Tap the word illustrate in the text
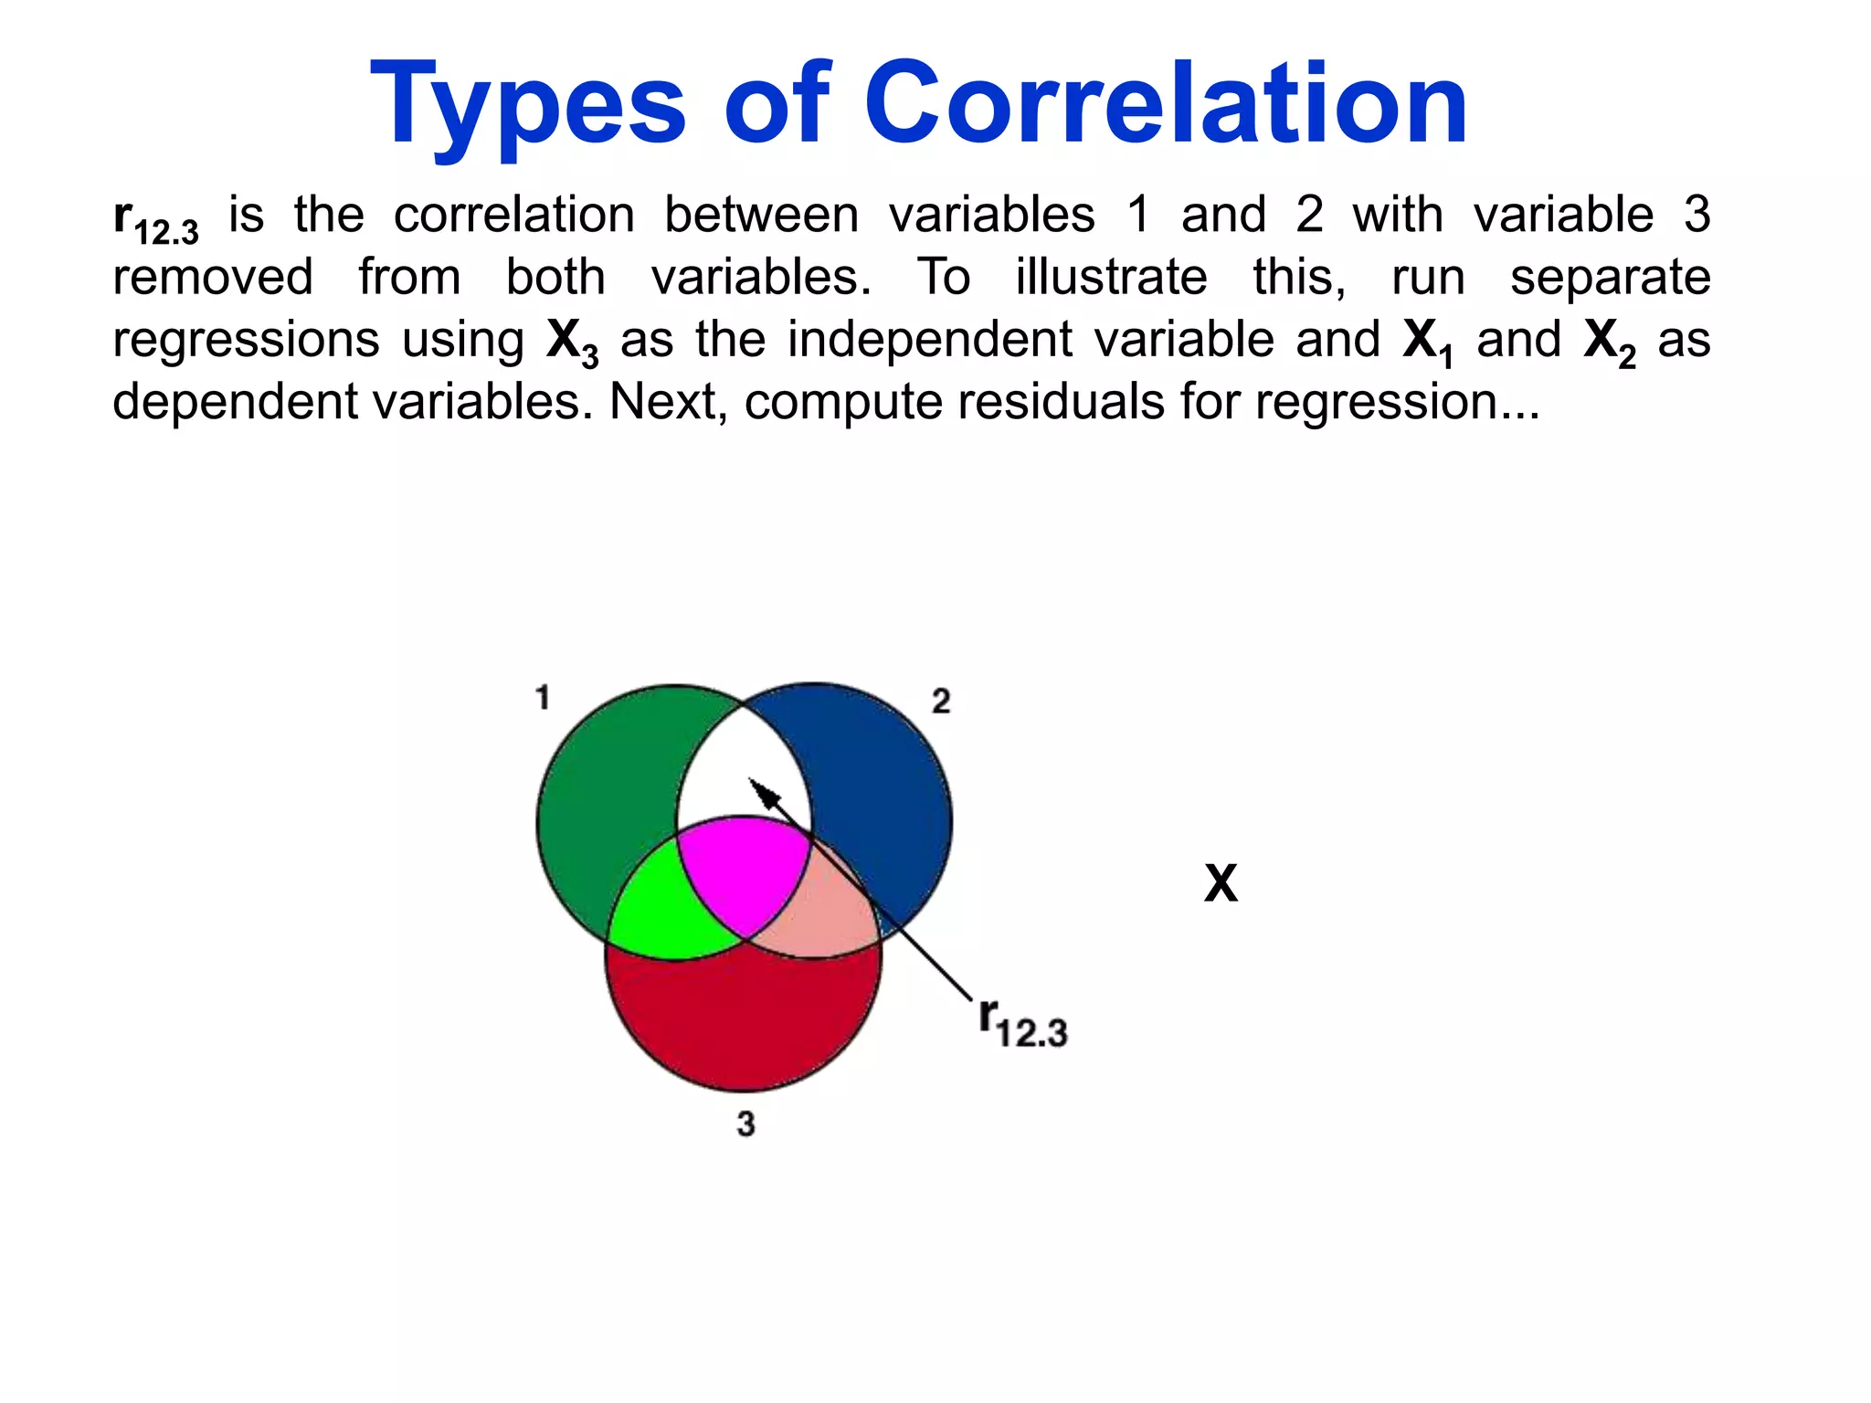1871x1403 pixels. tap(1111, 277)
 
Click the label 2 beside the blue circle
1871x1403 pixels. tap(941, 701)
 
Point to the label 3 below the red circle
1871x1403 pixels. tap(745, 1123)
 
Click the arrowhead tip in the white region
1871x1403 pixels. tap(752, 782)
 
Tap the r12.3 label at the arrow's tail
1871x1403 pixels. tap(1021, 1023)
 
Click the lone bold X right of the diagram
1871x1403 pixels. tap(1221, 883)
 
